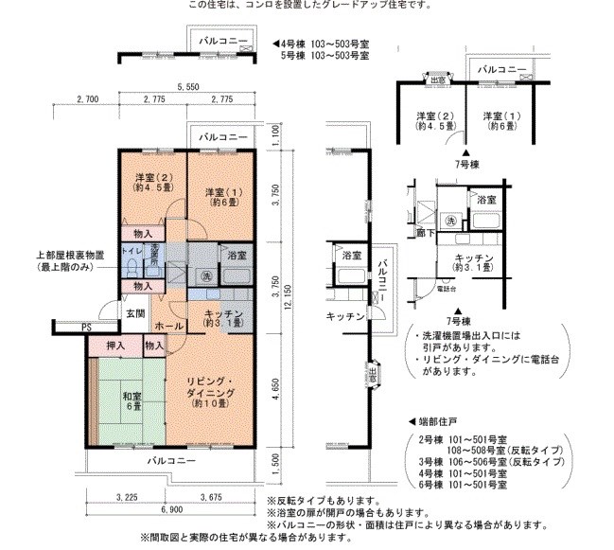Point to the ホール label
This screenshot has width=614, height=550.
167,326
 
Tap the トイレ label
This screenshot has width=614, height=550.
132,251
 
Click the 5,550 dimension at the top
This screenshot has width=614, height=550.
185,86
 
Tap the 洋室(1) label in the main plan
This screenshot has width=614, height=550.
222,194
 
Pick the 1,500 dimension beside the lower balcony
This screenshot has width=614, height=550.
276,461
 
